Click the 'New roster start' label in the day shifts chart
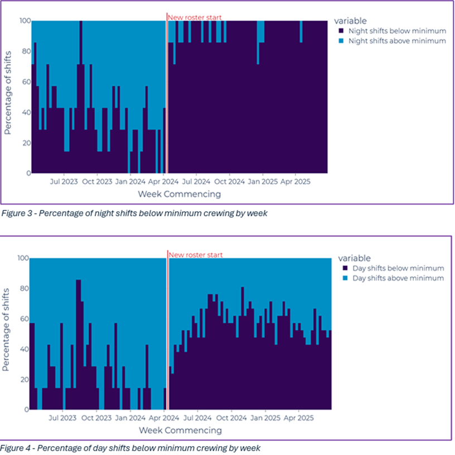[x=195, y=255]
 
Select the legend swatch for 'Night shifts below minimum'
[x=341, y=31]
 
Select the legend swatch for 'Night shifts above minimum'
[x=341, y=41]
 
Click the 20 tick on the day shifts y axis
[x=22, y=380]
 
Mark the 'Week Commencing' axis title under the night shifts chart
[x=179, y=194]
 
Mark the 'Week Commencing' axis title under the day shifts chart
[x=180, y=430]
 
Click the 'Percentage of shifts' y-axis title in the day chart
[x=7, y=329]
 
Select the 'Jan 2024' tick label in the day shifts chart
[x=130, y=417]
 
